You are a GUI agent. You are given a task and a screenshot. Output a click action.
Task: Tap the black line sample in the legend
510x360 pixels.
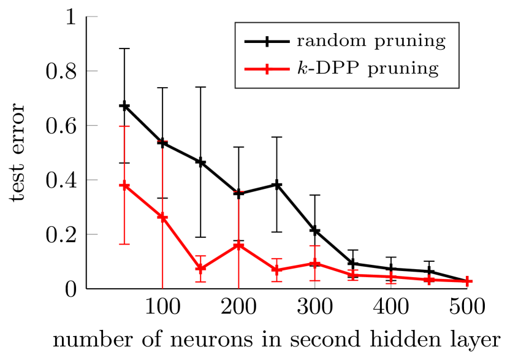(x=267, y=42)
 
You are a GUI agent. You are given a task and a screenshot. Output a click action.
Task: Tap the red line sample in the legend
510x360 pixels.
(x=267, y=69)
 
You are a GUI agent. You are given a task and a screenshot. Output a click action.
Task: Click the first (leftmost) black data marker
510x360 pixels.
(x=124, y=106)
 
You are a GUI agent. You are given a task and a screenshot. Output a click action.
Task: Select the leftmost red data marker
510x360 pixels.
(x=124, y=185)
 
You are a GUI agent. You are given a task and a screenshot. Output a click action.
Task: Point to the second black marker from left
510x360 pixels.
(x=162, y=143)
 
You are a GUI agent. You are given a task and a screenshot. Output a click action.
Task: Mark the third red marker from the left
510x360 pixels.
(x=200, y=269)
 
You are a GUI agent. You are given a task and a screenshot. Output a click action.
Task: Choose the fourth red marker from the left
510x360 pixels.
(x=238, y=245)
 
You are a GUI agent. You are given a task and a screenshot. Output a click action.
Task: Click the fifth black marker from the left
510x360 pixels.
(x=276, y=185)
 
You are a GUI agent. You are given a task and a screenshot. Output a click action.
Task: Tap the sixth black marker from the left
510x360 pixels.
(x=314, y=231)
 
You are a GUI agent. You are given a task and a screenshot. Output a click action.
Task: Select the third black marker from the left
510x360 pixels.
(x=200, y=163)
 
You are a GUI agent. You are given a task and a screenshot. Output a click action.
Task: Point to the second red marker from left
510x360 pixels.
(x=162, y=217)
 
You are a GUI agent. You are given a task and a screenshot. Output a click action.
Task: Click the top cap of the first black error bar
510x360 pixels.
(x=124, y=48)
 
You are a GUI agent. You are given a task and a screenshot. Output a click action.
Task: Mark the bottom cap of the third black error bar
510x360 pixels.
(x=200, y=237)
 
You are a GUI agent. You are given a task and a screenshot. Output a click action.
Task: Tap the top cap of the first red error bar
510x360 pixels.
(x=124, y=126)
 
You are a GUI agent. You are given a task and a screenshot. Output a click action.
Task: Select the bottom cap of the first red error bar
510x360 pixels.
(x=124, y=244)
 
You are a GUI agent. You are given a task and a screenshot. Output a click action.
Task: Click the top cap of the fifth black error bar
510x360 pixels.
(x=276, y=137)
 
